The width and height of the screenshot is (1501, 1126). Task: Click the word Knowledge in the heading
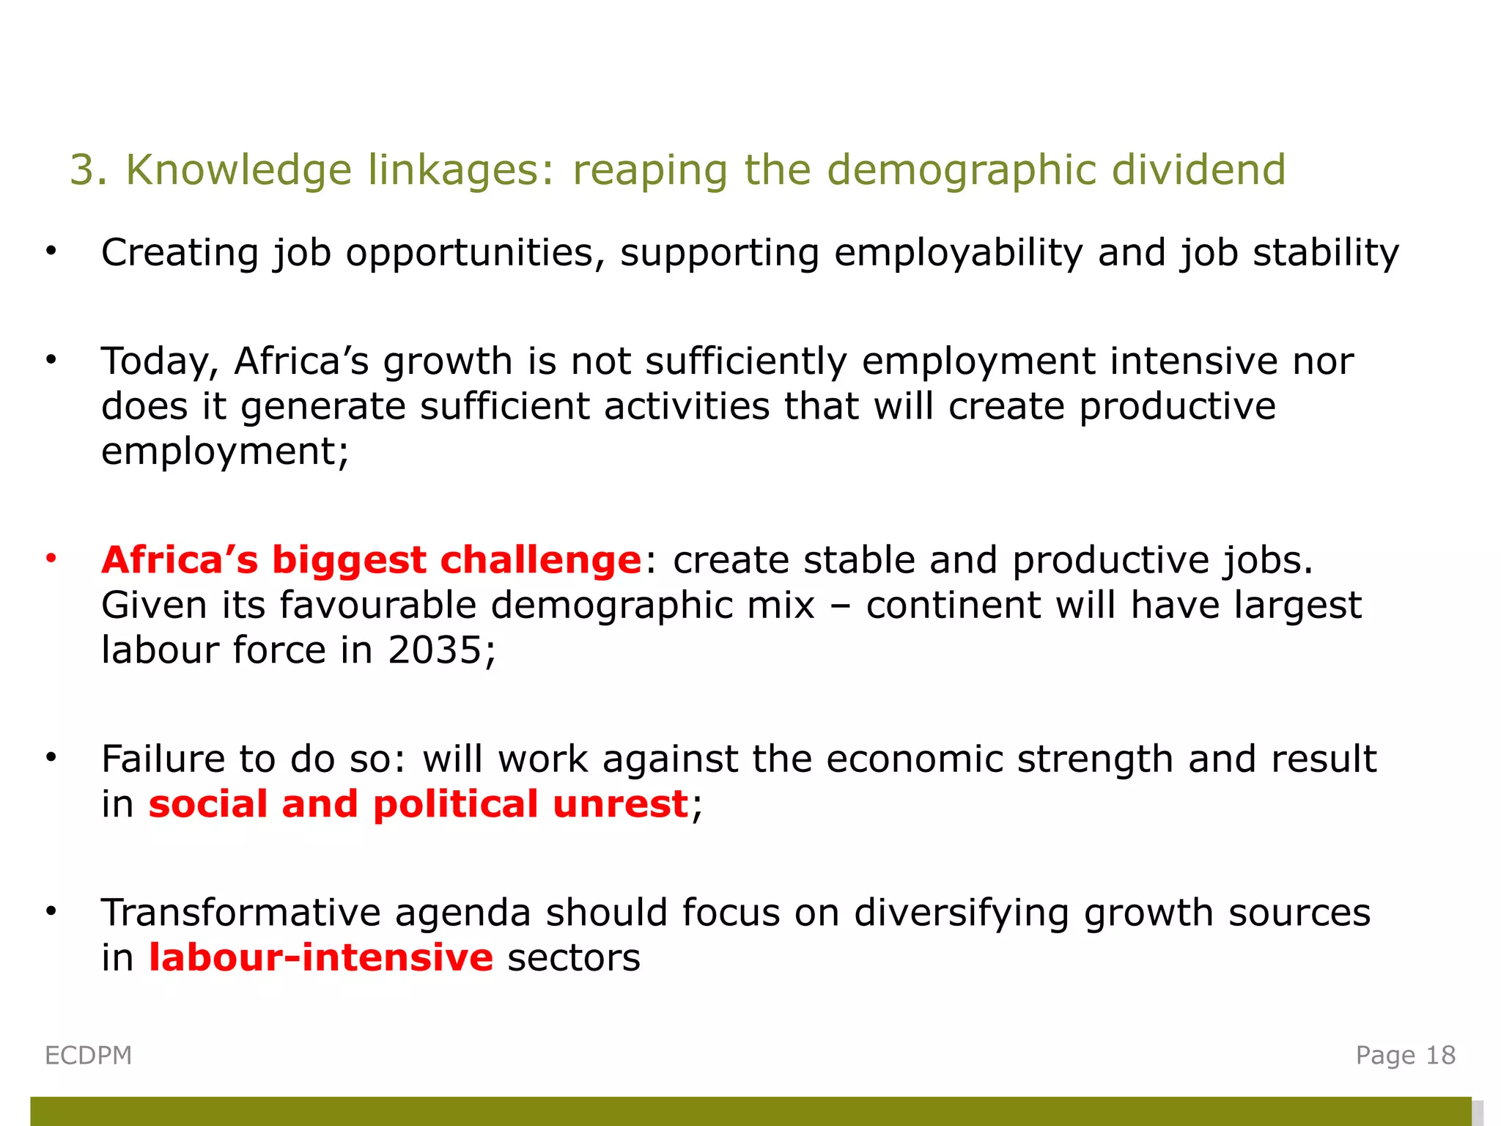coord(239,170)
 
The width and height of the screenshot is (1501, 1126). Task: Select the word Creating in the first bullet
coord(180,253)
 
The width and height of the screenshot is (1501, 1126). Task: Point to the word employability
coord(958,254)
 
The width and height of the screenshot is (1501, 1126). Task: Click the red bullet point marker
coord(51,559)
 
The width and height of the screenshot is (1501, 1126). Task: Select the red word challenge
coord(541,560)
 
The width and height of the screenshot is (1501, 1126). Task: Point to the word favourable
coord(377,606)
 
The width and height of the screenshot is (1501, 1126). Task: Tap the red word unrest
coord(620,804)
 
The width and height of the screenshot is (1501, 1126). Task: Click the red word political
coord(455,804)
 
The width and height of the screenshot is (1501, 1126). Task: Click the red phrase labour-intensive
coord(321,958)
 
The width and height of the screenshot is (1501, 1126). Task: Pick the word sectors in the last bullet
coord(574,959)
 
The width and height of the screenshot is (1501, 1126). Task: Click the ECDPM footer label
coord(89,1056)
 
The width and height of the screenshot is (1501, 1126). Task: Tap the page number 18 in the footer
coord(1440,1056)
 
